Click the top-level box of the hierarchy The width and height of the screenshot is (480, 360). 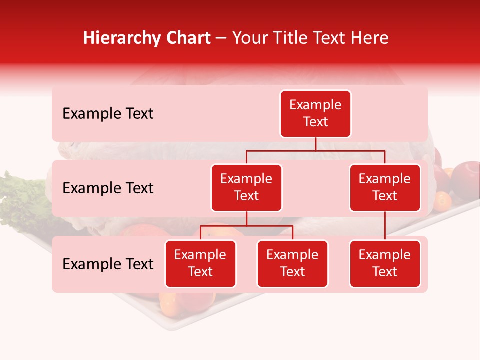point(315,114)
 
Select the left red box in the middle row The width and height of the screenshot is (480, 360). point(246,188)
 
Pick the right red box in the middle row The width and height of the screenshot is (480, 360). point(385,188)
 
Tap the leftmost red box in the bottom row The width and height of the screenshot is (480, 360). point(200,264)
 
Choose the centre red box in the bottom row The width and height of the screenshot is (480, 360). point(292,264)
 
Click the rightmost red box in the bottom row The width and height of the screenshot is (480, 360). point(385,264)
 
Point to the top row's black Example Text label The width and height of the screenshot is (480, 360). point(108,114)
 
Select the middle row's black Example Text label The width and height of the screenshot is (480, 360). point(108,188)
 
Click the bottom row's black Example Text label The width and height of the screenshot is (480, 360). point(108,264)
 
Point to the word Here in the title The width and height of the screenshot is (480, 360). point(368,38)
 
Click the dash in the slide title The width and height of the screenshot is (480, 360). point(221,39)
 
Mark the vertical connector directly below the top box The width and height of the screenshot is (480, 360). point(315,144)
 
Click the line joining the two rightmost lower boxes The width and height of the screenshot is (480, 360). point(385,226)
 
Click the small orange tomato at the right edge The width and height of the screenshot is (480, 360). point(442,201)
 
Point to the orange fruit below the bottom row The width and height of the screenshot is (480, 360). point(169,302)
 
